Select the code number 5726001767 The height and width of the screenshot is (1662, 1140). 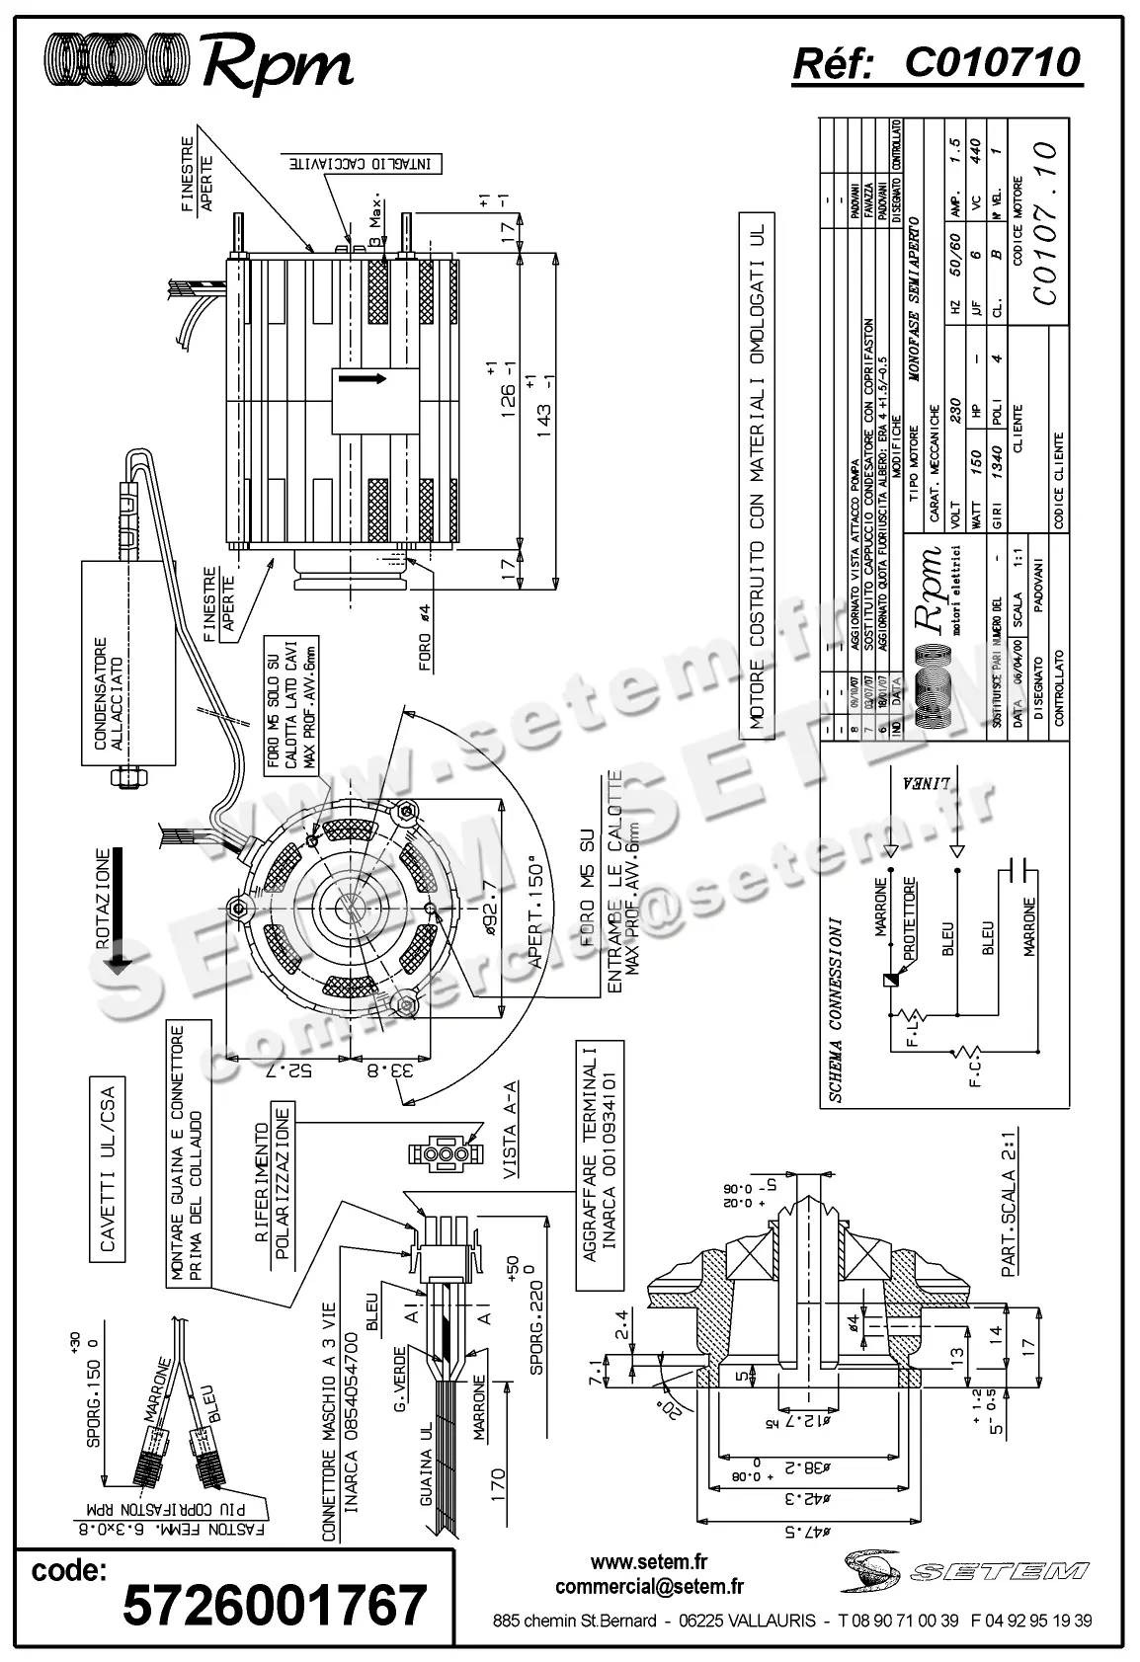click(275, 1605)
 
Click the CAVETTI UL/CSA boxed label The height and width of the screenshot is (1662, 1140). click(109, 1170)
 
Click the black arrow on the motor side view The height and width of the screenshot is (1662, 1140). click(364, 378)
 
